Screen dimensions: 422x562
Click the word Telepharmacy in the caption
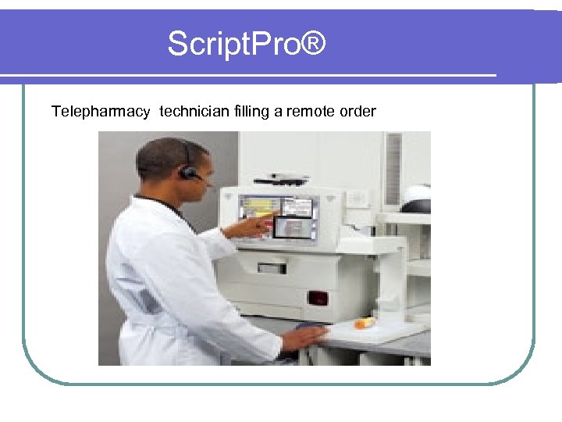[101, 112]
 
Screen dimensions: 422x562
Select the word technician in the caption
[194, 112]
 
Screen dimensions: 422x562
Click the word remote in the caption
[311, 112]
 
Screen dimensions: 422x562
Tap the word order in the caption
[358, 112]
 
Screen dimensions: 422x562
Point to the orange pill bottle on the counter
[365, 322]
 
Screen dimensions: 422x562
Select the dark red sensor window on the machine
[318, 297]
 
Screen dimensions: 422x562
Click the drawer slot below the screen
[272, 267]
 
